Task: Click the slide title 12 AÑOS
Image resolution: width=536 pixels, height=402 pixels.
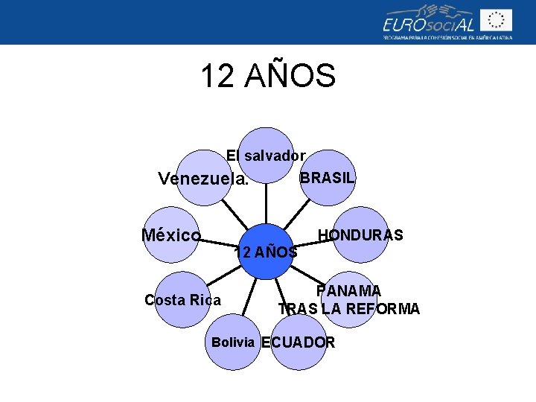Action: pos(268,76)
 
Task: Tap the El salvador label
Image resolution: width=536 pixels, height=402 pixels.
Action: pos(266,156)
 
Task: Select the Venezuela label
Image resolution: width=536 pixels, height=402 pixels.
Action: pos(203,179)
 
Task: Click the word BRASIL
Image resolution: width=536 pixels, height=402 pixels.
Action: pos(326,179)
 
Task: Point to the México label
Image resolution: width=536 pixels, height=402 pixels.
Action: pos(171,235)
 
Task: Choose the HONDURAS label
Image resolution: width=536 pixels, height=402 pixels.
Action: pos(360,235)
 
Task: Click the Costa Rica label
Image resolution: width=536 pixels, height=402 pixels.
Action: pos(182,300)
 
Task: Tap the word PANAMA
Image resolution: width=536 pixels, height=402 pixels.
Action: pos(348,290)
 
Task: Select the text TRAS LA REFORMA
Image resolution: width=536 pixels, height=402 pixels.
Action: pos(348,308)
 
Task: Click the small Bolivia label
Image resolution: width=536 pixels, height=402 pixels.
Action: pos(234,342)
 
